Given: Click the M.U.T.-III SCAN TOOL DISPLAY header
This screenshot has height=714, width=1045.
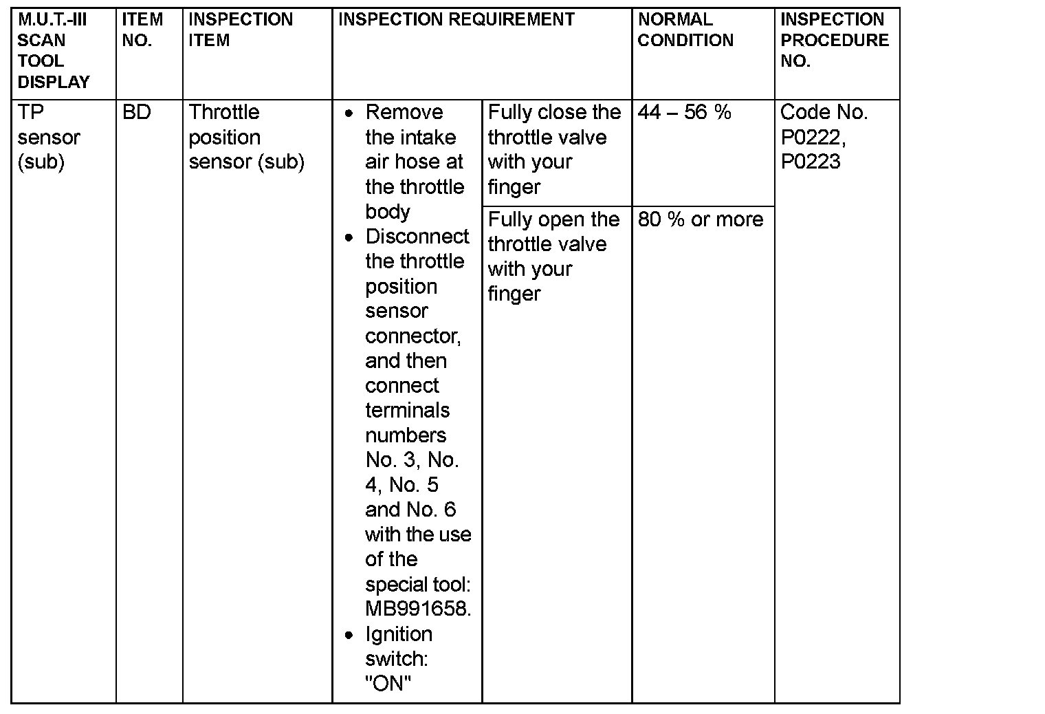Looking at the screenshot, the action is point(54,51).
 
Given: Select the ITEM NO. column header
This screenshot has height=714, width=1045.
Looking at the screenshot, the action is point(142,30).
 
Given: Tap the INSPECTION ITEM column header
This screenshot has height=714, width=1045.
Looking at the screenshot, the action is point(241,30).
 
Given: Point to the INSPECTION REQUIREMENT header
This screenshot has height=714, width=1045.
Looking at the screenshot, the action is point(456,20).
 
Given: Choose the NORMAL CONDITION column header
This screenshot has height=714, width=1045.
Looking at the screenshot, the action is point(685,30).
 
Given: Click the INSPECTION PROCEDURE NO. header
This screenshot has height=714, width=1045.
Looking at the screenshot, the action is point(835,41).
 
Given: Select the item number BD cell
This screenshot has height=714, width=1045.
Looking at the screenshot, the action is point(136,112).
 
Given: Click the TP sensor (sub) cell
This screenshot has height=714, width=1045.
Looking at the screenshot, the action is point(48,137).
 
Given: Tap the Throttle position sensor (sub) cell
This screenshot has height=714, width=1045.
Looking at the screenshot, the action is point(246,137).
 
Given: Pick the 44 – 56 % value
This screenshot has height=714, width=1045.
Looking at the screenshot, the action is point(684,112).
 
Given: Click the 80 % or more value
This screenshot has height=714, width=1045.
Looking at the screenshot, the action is point(701,219).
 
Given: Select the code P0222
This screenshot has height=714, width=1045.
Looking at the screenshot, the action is point(811,138).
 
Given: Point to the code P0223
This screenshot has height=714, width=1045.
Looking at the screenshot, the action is point(811,162).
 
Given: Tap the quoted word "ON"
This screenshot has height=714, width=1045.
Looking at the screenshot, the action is point(388,684).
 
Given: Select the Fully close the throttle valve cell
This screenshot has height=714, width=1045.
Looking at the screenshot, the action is point(554,149).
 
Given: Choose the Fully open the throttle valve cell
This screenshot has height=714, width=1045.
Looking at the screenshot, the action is point(553,257).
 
